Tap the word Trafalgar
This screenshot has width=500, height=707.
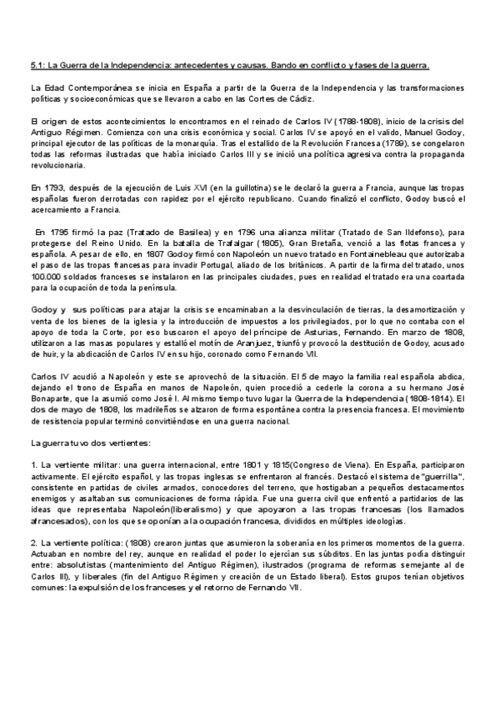coord(209,243)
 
